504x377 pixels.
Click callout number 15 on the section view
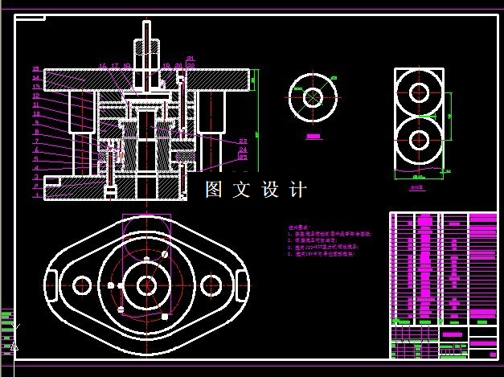[x=35, y=69]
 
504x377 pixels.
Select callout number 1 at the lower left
[x=35, y=194]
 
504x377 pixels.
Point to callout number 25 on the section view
[x=242, y=157]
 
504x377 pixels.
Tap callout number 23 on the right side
[x=242, y=141]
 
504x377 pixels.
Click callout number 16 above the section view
[x=103, y=66]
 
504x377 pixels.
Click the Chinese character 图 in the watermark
[x=213, y=191]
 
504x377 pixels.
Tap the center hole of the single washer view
[x=312, y=97]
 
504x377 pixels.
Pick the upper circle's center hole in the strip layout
[x=418, y=91]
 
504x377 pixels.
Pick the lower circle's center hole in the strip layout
[x=418, y=140]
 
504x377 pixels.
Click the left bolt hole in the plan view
[x=82, y=285]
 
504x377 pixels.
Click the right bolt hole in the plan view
[x=211, y=285]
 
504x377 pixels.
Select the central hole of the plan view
[x=146, y=285]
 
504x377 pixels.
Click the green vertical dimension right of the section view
[x=256, y=121]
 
